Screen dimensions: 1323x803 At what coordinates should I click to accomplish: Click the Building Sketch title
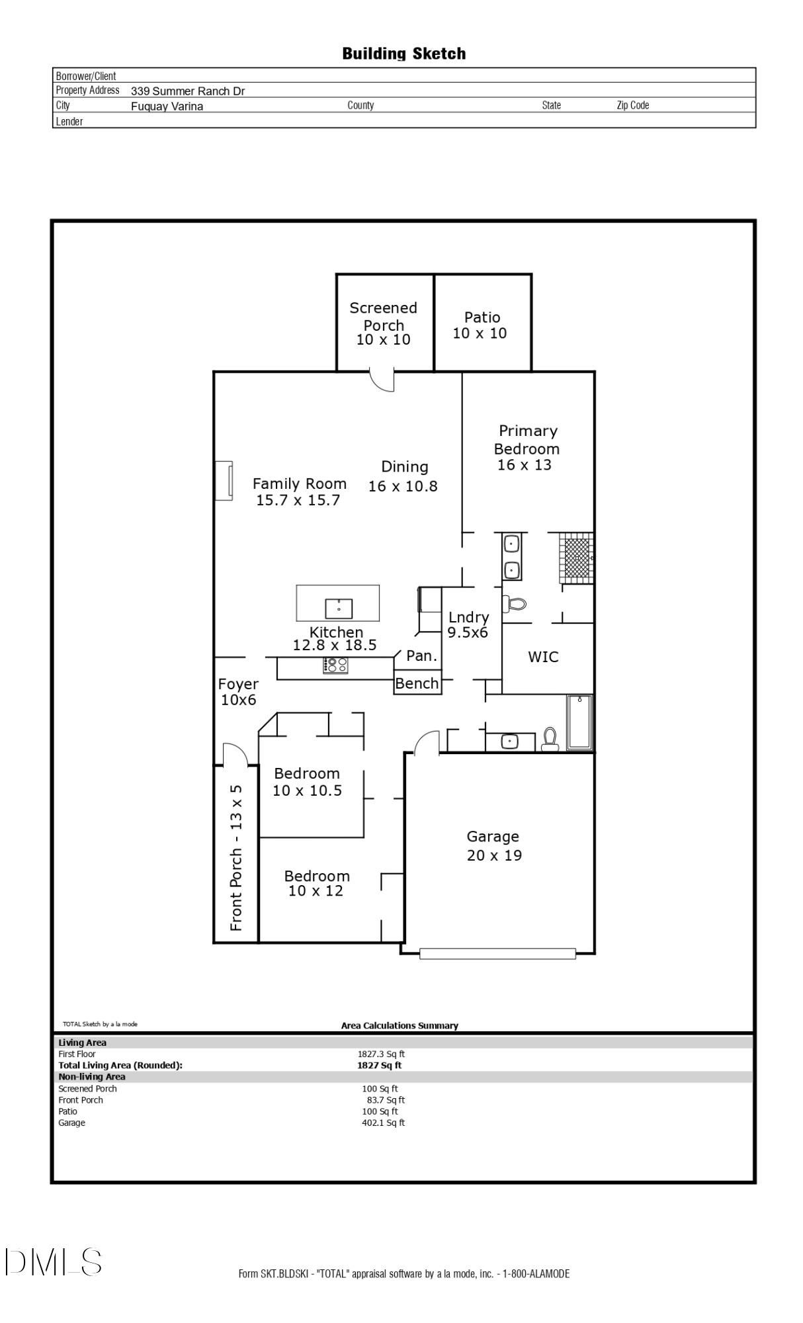point(403,54)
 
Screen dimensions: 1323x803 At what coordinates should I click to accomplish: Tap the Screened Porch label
point(384,323)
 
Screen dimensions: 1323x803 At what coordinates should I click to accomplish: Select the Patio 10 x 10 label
point(480,325)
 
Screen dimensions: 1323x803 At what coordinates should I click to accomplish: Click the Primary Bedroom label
point(527,448)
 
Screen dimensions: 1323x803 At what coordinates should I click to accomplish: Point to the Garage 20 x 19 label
point(493,845)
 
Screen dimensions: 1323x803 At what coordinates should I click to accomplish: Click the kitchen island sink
point(339,607)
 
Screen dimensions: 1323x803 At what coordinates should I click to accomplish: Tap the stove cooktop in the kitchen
point(335,665)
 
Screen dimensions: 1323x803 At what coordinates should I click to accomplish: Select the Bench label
point(417,683)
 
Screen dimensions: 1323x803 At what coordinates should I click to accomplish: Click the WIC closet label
point(543,657)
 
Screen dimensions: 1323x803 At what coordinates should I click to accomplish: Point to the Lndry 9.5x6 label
point(468,624)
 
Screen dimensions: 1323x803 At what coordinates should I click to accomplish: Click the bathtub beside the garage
point(579,722)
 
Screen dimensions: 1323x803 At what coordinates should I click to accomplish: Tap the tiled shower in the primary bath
point(576,558)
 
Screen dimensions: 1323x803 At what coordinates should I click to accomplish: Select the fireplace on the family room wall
point(224,481)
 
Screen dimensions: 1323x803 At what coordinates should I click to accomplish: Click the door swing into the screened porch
point(383,380)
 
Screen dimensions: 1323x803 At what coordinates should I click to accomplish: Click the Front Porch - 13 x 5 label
point(236,857)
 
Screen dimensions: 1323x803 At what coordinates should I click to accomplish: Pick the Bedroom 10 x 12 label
point(316,883)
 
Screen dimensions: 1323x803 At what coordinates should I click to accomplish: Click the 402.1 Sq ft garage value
point(383,1123)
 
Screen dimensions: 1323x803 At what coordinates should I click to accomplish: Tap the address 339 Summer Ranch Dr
point(188,91)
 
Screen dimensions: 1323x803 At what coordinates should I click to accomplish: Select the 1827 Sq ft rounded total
point(379,1065)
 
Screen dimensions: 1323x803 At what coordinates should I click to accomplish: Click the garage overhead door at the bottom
point(497,953)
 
